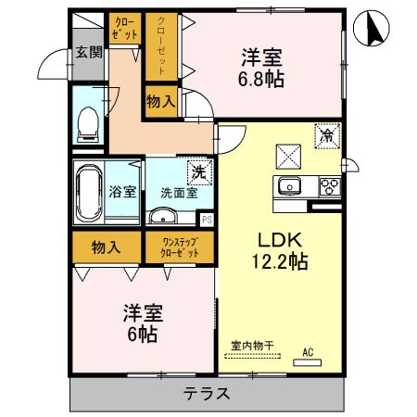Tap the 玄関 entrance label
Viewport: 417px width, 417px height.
88,53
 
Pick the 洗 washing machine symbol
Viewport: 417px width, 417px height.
197,171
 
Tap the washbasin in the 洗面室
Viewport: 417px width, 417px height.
164,217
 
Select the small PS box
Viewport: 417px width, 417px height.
207,220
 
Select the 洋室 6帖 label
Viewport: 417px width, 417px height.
144,323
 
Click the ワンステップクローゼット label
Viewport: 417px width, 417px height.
179,247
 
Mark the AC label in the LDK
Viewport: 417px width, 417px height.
309,351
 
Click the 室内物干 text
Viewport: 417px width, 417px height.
253,347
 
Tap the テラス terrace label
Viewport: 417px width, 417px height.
207,393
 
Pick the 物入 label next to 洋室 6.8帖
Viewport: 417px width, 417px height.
161,100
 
